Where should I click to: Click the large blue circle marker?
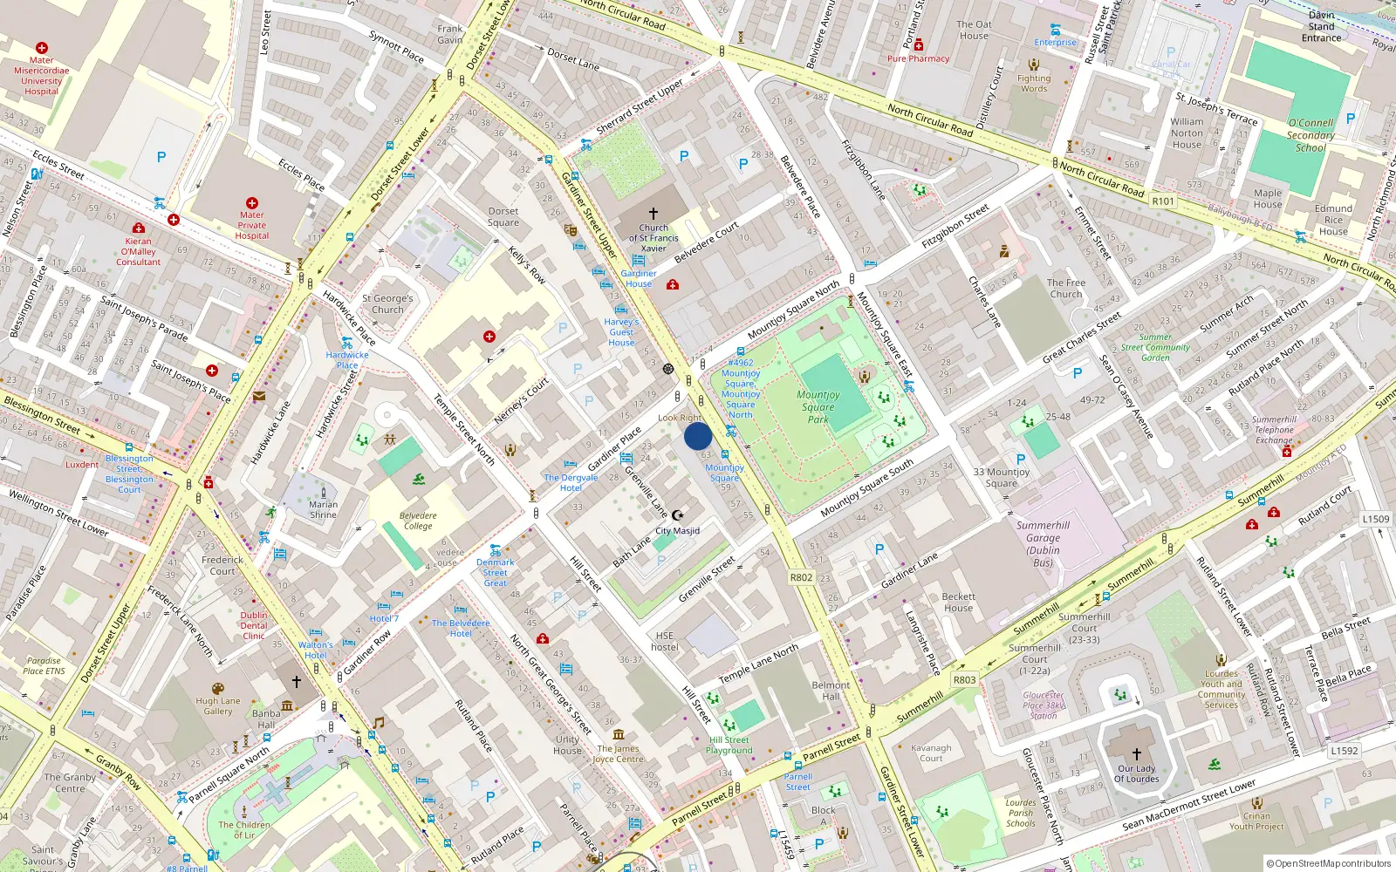click(698, 436)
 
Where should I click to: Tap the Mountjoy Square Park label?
click(818, 407)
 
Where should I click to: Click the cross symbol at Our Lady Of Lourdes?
click(1136, 754)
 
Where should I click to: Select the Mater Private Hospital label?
click(252, 225)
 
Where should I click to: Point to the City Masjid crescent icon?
click(678, 515)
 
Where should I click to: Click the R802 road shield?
click(801, 577)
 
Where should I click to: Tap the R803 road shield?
click(964, 680)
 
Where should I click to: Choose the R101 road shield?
click(1163, 201)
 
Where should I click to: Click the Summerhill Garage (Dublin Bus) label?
click(1043, 544)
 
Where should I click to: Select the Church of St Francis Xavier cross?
click(653, 213)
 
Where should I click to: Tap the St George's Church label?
click(387, 303)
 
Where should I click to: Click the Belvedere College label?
click(418, 521)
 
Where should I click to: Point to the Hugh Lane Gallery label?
click(218, 705)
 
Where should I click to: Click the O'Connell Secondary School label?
click(1310, 135)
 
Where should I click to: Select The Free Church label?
click(1066, 289)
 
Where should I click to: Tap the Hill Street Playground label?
click(729, 745)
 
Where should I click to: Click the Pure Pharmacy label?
click(918, 58)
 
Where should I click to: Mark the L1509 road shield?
click(1376, 519)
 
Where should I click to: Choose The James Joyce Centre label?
click(618, 753)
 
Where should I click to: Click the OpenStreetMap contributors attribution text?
click(1328, 863)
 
